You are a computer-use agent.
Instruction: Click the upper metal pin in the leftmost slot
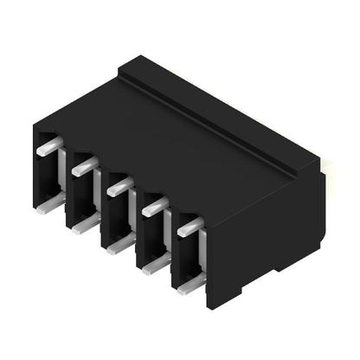pos(48,146)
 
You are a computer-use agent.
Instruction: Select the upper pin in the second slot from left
pos(84,165)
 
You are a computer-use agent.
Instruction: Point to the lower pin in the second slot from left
pos(86,223)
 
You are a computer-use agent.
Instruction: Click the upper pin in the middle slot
pos(119,184)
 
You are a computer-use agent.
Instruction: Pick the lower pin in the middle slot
pos(120,244)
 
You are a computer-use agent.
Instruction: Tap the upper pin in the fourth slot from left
pos(153,206)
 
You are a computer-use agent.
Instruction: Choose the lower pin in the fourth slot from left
pos(156,265)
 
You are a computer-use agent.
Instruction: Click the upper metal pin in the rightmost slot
pos(190,227)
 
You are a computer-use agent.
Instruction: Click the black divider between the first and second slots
pos(67,186)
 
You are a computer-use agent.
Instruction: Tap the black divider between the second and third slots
pos(101,208)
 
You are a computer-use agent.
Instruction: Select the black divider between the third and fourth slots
pos(136,227)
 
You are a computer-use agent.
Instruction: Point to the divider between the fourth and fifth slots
pos(171,248)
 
